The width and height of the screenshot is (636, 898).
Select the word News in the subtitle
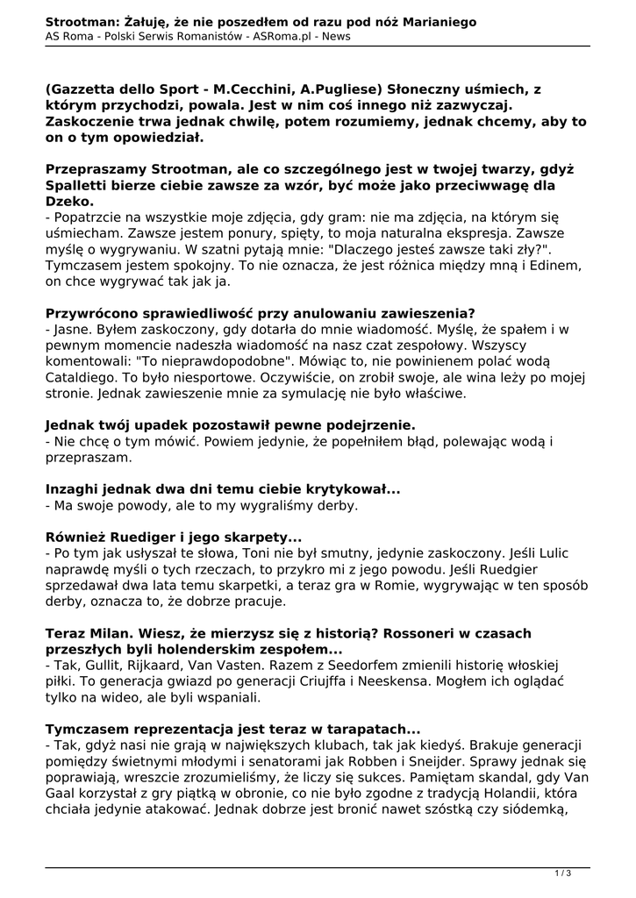[334, 37]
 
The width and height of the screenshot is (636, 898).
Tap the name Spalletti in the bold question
[83, 185]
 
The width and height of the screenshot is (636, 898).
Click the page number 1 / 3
[564, 873]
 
